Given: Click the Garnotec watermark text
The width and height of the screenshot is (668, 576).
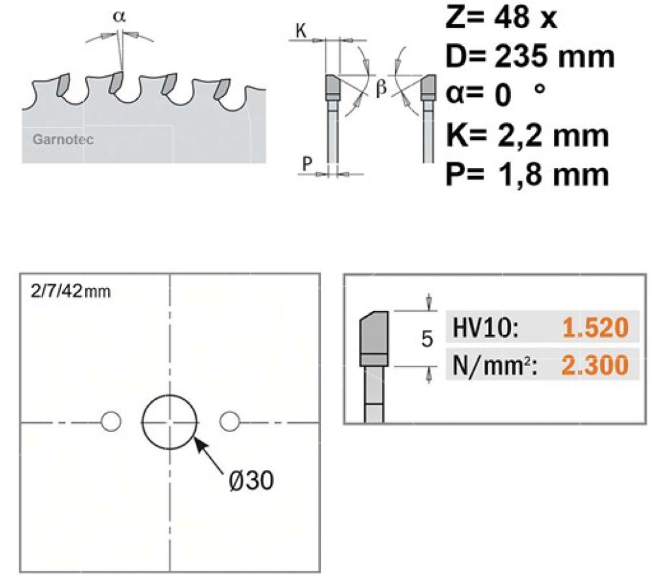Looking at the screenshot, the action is coord(63,139).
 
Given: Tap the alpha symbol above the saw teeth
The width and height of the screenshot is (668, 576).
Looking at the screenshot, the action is coord(119,16).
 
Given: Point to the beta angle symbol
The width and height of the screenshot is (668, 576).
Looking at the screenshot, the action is coord(381,88).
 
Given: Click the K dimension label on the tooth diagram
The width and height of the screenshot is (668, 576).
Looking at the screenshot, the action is coord(301,31).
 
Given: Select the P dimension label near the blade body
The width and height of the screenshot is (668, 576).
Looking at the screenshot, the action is coord(307,163).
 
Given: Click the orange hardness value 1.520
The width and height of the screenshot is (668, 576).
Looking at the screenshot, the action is coord(595,327).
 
